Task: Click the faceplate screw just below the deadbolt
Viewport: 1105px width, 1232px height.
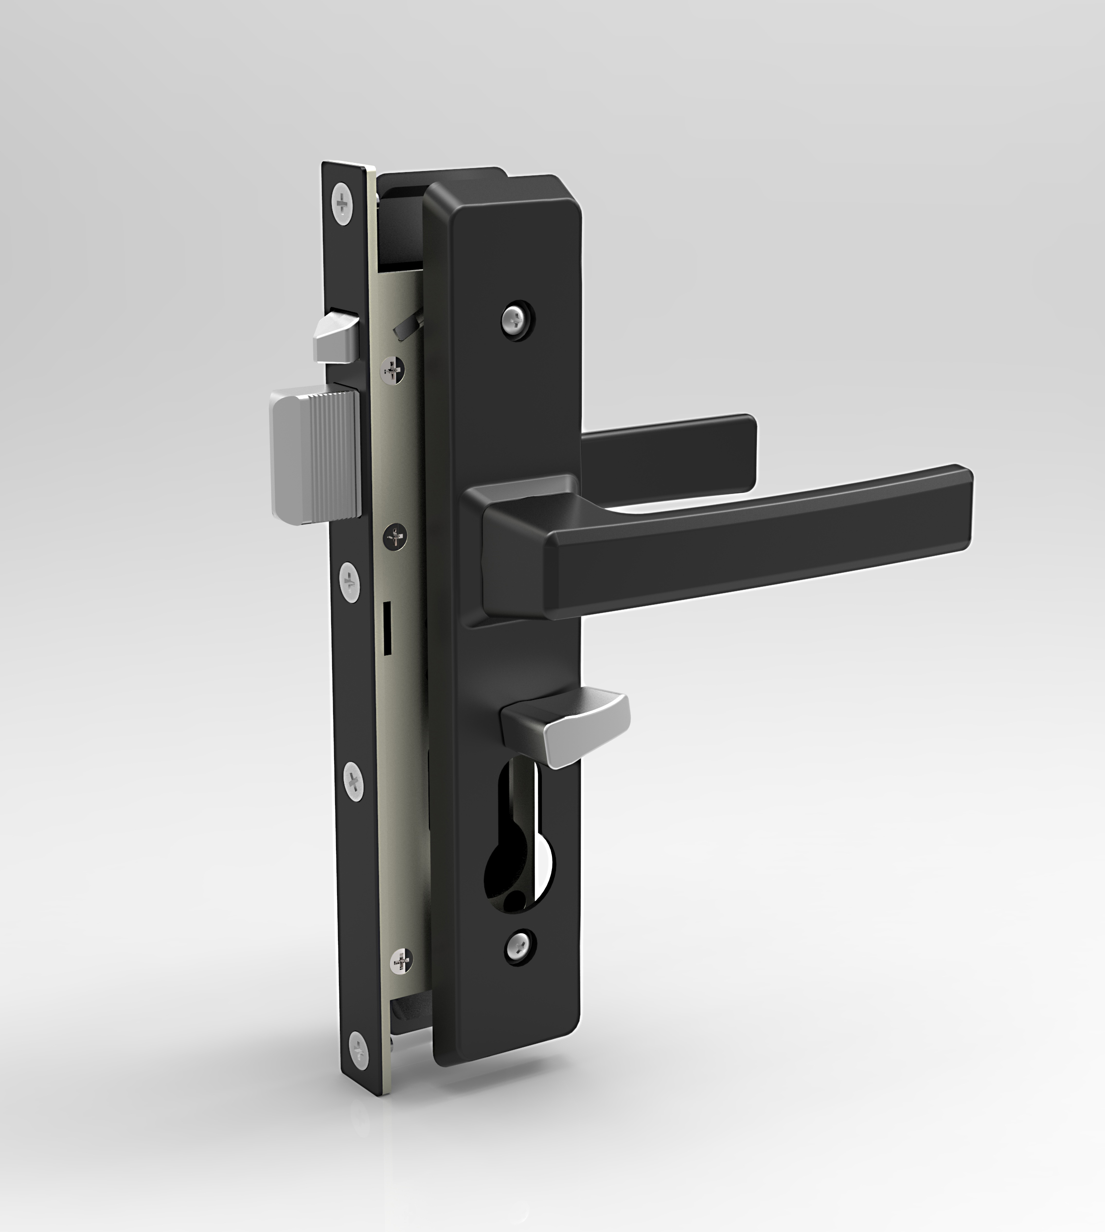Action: (x=349, y=582)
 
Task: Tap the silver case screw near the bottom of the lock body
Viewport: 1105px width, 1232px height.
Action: (x=401, y=961)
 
